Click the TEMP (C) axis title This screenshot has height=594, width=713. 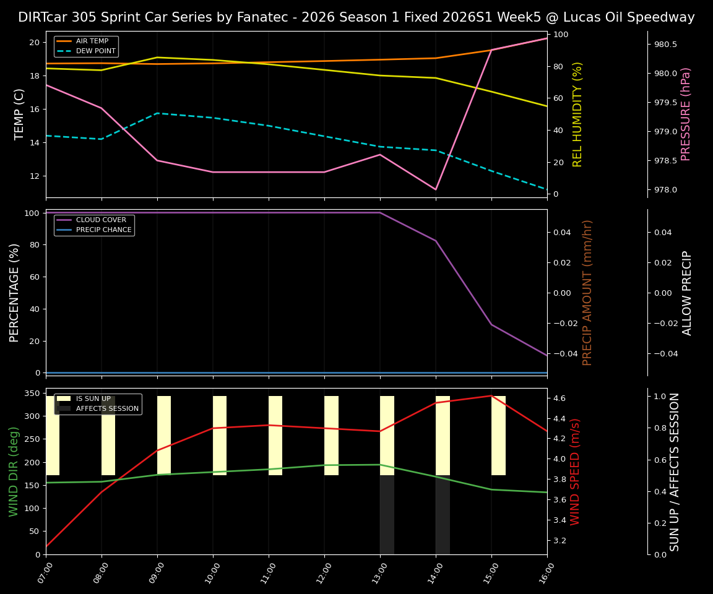tap(20, 114)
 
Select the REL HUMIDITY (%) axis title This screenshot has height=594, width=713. tap(577, 114)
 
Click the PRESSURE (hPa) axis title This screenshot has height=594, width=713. tap(686, 114)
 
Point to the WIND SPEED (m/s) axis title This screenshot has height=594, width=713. tap(576, 471)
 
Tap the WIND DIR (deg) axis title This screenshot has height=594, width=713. tap(14, 471)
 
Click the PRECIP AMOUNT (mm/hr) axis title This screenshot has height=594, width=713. tap(587, 292)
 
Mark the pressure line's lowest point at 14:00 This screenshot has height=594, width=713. tap(436, 189)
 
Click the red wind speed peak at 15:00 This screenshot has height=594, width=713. tap(491, 395)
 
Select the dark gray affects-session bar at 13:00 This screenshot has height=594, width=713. tap(387, 515)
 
